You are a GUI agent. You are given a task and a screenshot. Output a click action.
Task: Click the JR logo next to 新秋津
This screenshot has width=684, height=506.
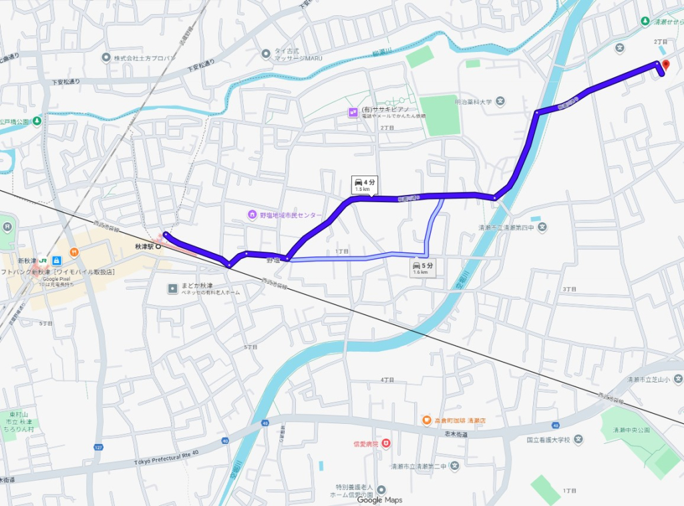coord(42,260)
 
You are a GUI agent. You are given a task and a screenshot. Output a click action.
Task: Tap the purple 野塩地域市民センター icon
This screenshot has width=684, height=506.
coord(252,214)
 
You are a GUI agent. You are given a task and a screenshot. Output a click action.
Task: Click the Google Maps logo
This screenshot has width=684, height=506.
coord(379,500)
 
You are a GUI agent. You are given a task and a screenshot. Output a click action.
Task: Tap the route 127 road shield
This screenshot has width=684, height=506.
coord(98,447)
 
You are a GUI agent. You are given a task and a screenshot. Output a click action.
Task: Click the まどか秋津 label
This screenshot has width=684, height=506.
coord(197,286)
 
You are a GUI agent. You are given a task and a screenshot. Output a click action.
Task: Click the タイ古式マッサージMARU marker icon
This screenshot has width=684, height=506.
coord(266,51)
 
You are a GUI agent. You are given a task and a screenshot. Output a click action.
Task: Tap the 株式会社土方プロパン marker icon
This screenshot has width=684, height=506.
coord(106,58)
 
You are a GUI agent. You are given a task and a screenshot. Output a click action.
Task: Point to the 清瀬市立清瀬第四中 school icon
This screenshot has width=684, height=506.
coord(542,227)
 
